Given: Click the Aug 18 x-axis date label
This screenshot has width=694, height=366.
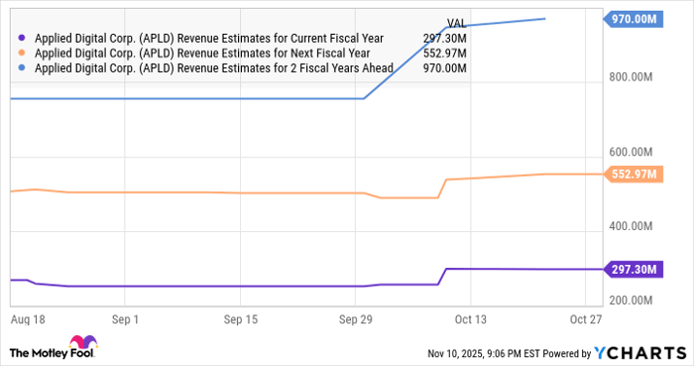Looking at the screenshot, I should [27, 320].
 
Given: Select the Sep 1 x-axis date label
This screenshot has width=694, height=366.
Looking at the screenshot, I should [125, 320].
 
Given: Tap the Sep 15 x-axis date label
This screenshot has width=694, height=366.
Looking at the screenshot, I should [241, 320].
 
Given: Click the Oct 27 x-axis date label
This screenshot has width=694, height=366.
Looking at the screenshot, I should [586, 320].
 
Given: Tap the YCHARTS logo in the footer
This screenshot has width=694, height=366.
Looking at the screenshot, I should [638, 353].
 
